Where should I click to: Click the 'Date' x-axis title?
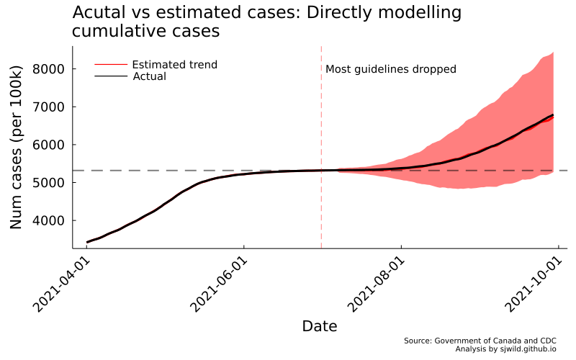(320, 326)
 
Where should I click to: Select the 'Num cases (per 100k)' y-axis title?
(17, 147)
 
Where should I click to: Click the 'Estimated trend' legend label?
(174, 65)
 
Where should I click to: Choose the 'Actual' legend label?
(150, 76)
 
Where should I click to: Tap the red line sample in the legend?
(111, 65)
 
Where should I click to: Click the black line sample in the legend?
(111, 76)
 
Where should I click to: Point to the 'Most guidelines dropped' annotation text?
(391, 69)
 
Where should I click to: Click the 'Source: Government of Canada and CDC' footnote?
(480, 340)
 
